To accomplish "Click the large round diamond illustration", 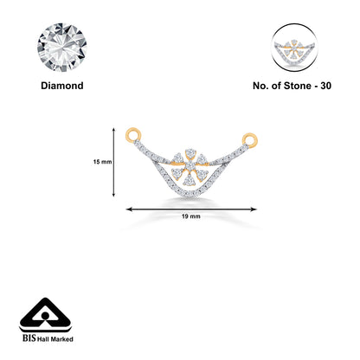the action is [62, 48].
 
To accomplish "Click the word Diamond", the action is [62, 86].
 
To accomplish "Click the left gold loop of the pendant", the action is [133, 134].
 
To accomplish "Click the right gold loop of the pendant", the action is [250, 139].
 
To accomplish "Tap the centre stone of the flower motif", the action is [190, 166].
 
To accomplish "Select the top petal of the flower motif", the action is [190, 153].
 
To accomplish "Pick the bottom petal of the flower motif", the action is [189, 181].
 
